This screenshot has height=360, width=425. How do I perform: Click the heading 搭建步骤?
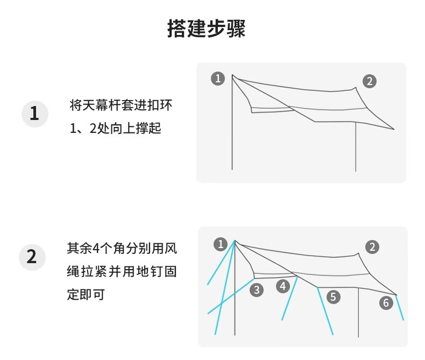point(207,29)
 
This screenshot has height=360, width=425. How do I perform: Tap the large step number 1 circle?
point(34,114)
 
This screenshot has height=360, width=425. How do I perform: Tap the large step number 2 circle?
point(32,257)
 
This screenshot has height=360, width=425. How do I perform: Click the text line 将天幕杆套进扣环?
point(121,105)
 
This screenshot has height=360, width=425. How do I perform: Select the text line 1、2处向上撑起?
point(116,129)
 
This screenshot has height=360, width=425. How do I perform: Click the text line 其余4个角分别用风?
point(121,249)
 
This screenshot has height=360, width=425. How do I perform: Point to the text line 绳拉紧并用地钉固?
point(121,272)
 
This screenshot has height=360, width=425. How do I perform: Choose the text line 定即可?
point(86,295)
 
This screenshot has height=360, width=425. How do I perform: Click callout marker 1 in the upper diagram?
point(218,79)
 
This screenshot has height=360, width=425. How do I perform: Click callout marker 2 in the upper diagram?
point(369,81)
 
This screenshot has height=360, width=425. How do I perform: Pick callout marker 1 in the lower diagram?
point(221,244)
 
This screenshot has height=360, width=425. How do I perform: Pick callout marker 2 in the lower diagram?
point(372,247)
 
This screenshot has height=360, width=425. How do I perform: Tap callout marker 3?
point(257,290)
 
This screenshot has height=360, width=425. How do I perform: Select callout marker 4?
point(284,286)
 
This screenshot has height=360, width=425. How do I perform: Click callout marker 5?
point(333,297)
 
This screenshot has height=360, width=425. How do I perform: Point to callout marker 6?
point(386,303)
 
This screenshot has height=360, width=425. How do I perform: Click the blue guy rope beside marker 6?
point(400,308)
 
